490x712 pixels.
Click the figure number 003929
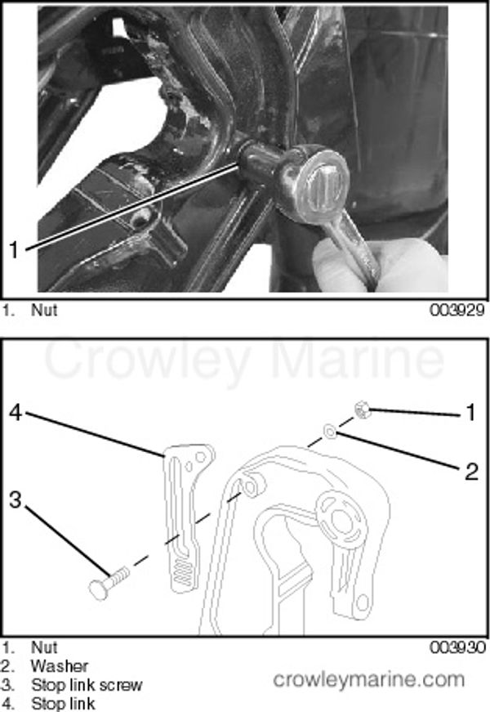click(x=459, y=311)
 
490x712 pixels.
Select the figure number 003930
click(x=459, y=647)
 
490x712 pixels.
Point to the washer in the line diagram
click(x=328, y=431)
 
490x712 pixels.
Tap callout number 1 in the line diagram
click(x=470, y=413)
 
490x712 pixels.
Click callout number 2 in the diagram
click(x=470, y=470)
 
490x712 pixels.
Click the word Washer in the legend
click(x=59, y=666)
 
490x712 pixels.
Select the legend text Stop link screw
click(x=87, y=685)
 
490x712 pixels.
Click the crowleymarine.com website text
click(x=368, y=679)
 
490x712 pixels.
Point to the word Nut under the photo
click(x=44, y=311)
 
